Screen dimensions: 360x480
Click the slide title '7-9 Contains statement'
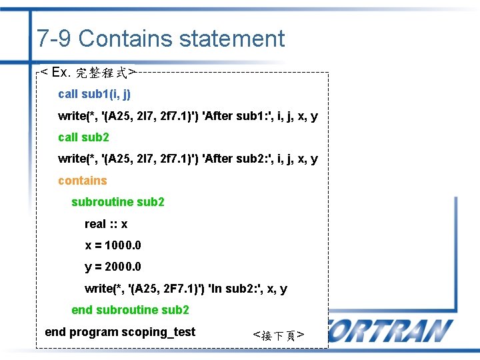coord(161,39)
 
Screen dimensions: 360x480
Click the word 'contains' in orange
coord(82,181)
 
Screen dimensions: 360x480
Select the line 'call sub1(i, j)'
coord(94,94)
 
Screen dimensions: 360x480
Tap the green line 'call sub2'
coord(83,137)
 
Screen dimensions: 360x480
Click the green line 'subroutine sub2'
coord(118,202)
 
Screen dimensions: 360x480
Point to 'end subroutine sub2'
coord(130,310)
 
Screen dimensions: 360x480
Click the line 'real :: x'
coord(106,224)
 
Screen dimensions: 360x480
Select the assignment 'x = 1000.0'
coord(113,245)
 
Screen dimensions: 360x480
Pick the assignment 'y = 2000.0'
coord(113,267)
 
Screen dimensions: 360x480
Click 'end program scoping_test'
coord(120,332)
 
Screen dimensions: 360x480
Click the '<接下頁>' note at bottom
coord(279,335)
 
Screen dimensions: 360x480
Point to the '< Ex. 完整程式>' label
coord(87,71)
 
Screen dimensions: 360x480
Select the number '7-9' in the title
coord(54,39)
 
